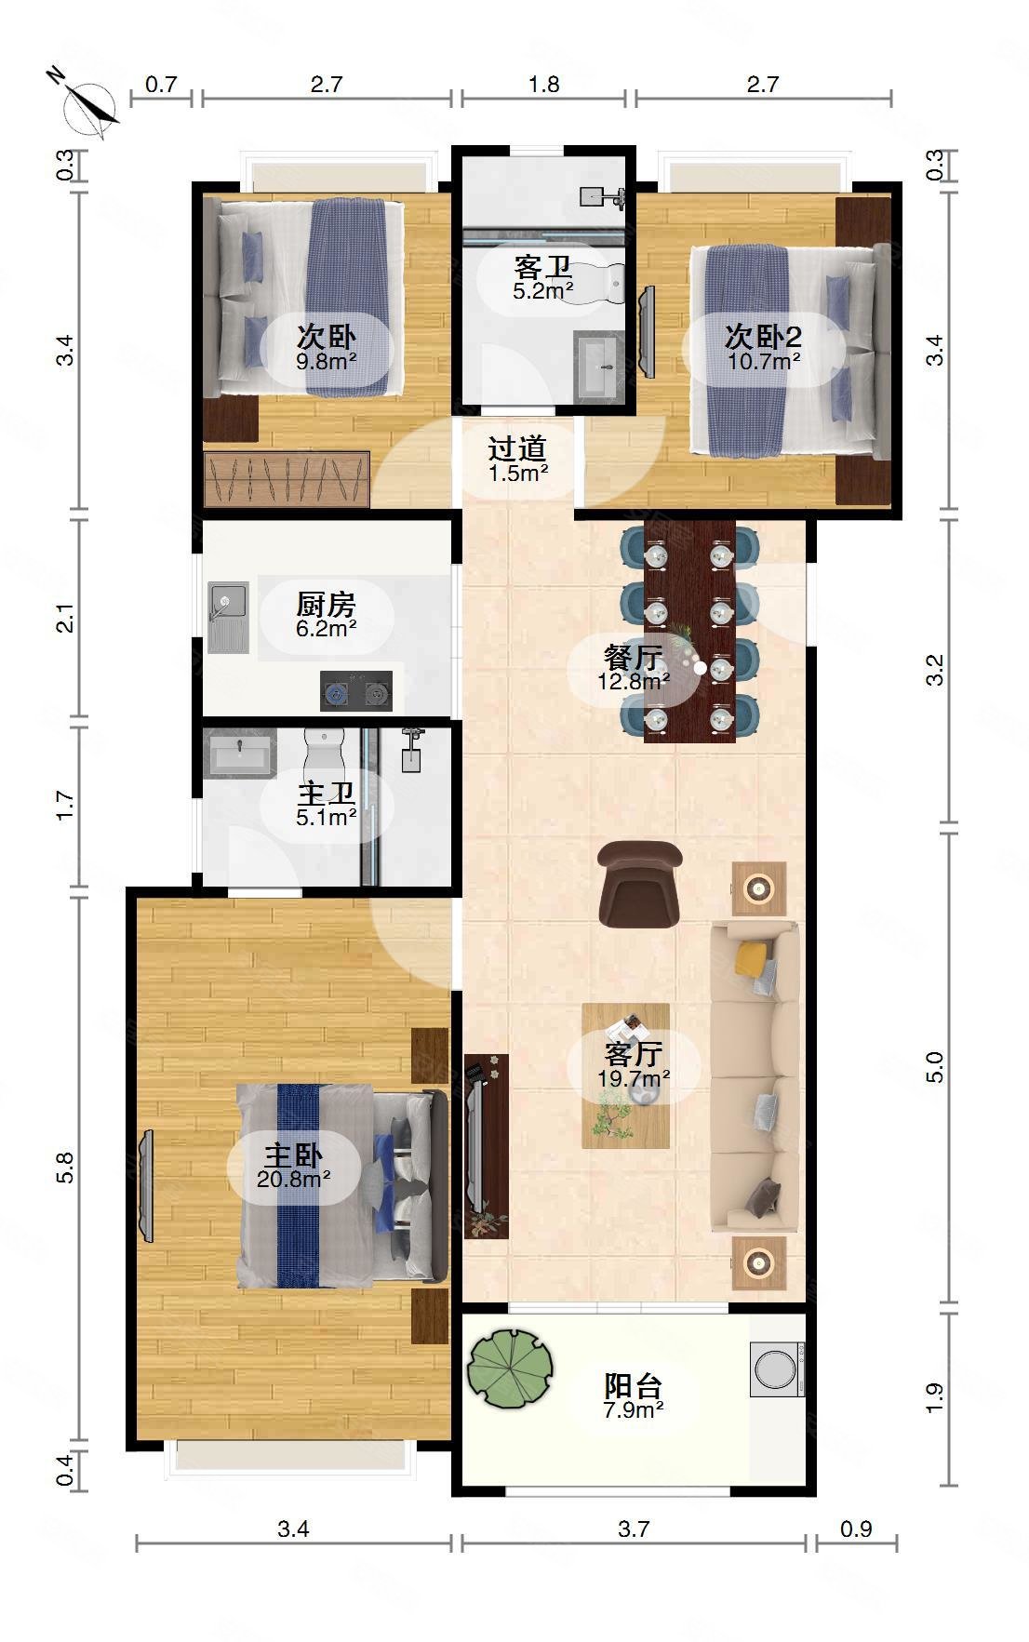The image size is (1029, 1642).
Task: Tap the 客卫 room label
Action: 543,268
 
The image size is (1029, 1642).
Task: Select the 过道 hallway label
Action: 517,449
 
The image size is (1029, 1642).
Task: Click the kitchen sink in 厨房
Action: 228,617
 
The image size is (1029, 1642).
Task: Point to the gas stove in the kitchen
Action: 356,691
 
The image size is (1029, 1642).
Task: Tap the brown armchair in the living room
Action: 640,885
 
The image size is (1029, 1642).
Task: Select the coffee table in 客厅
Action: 626,1075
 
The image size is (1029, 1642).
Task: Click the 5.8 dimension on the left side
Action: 64,1168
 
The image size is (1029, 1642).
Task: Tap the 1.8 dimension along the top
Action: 543,84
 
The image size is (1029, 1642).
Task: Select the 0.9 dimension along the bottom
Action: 855,1529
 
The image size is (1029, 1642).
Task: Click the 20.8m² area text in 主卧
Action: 294,1180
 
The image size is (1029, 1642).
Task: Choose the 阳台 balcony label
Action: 634,1385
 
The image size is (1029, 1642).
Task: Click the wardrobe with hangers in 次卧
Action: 287,479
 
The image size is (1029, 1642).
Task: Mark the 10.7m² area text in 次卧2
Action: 764,361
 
